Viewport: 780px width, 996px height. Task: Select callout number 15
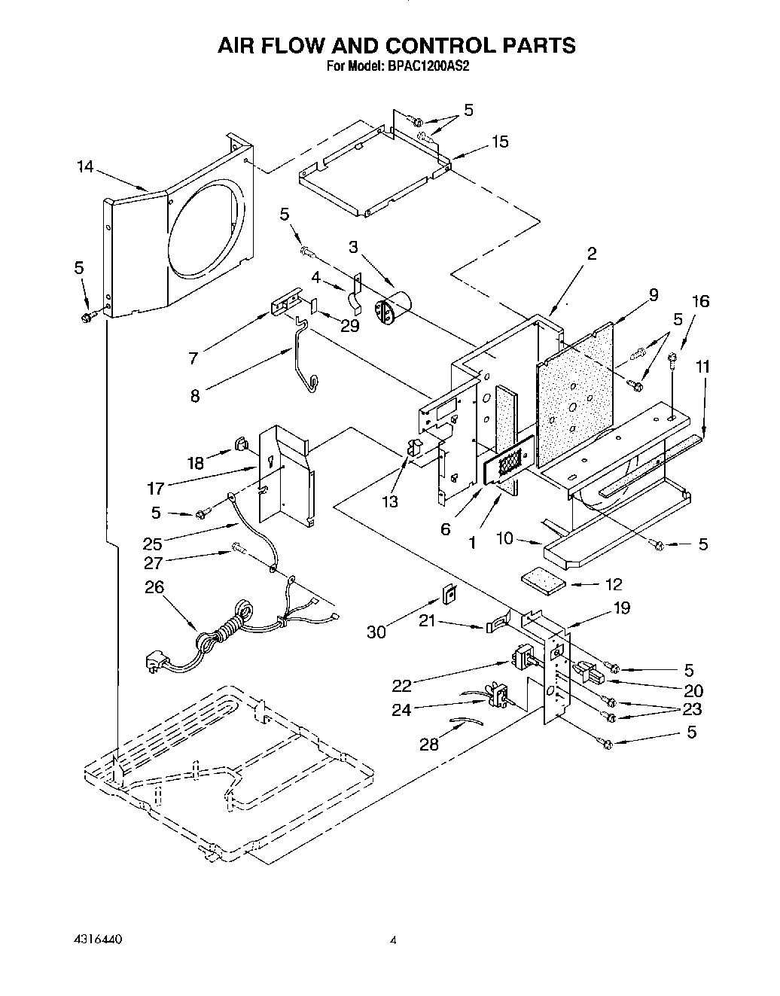(500, 142)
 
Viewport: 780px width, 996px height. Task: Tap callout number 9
(653, 294)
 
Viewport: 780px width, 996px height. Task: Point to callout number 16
(700, 301)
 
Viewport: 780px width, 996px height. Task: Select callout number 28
(429, 745)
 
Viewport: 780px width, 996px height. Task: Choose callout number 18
(196, 463)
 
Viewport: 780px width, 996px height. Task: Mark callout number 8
(195, 394)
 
